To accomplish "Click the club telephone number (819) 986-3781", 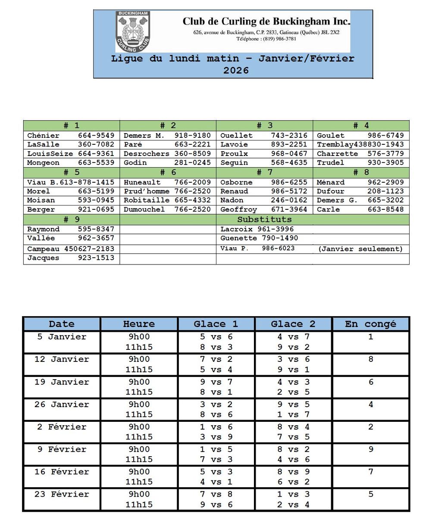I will click(266, 39).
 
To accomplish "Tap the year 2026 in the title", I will click(236, 70).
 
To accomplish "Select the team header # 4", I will click(361, 125).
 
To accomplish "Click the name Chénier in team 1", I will click(43, 136).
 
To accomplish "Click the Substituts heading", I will click(264, 219).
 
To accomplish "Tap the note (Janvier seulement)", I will click(360, 249).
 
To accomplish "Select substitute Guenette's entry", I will click(259, 238).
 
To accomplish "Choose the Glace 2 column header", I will click(293, 324).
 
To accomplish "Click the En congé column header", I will click(370, 324).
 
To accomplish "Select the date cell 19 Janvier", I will click(62, 382).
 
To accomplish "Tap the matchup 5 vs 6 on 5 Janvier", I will click(216, 337).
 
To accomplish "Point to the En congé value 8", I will click(370, 359).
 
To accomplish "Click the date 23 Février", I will click(62, 494).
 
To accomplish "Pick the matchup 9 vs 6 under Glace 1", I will click(216, 505).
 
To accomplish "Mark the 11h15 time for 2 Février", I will click(139, 437).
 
